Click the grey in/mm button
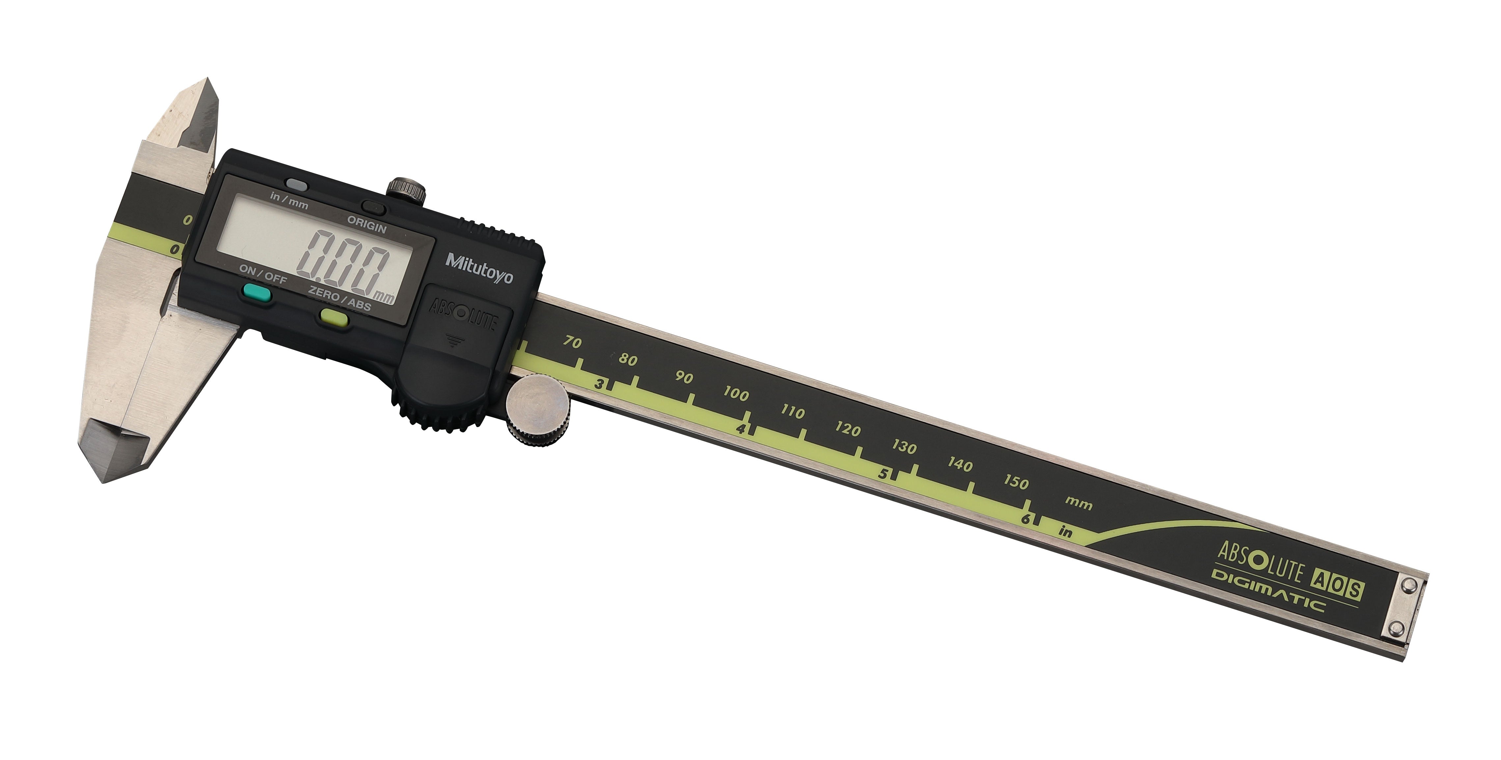click(297, 185)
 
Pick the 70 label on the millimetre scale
click(572, 342)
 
